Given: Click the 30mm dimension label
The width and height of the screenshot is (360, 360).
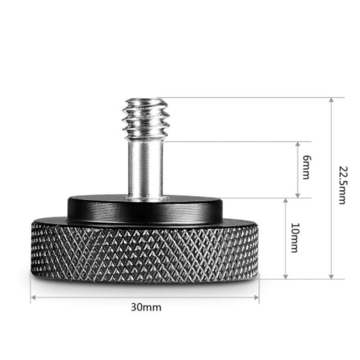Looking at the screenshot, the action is click(x=146, y=307).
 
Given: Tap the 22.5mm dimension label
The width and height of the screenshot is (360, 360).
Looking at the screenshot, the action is click(x=343, y=185).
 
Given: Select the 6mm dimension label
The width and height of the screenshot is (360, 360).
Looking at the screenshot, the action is click(x=306, y=167).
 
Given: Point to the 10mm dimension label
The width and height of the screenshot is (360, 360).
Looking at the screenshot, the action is click(x=295, y=238).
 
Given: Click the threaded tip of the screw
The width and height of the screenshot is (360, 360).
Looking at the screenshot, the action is click(x=146, y=119).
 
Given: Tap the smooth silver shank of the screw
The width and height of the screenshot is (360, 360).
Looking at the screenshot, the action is click(x=145, y=169).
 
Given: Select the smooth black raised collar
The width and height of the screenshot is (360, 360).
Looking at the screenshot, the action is click(x=145, y=209).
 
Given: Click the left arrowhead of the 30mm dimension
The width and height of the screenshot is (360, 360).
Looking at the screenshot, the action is click(x=33, y=297).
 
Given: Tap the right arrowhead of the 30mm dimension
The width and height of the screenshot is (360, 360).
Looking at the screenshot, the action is click(x=256, y=297).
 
